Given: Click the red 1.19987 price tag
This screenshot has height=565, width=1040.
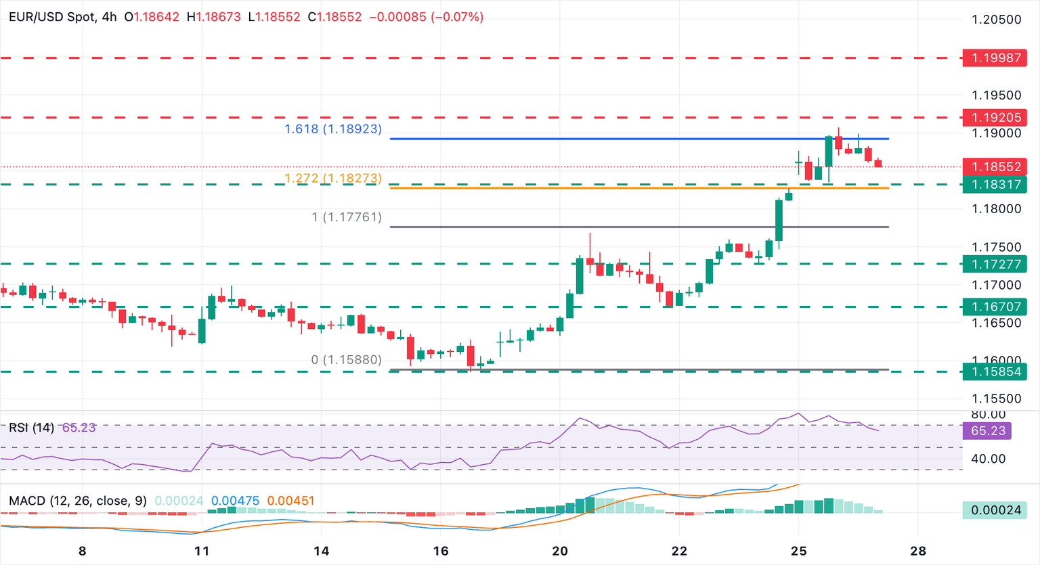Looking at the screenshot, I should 995,58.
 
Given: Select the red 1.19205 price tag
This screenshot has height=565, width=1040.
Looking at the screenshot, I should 995,118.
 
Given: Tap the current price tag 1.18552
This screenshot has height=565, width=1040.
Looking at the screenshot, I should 995,166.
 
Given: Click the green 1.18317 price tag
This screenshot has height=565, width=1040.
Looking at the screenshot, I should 995,184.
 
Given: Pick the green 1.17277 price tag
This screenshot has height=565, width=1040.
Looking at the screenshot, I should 995,264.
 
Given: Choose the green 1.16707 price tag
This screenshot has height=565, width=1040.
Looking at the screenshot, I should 995,307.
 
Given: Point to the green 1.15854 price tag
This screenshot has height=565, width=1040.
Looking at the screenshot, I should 995,371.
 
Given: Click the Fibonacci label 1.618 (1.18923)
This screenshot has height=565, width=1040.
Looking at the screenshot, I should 333,129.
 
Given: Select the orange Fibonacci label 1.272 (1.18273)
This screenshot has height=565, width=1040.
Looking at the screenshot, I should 333,178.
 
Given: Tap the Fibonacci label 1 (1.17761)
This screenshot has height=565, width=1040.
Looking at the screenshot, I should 347,217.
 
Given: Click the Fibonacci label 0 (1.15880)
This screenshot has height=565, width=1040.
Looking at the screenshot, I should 347,360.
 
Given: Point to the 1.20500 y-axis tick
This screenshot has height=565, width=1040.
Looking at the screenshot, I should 996,20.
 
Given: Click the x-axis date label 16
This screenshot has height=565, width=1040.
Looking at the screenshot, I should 441,551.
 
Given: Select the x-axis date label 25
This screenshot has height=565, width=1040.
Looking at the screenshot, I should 798,551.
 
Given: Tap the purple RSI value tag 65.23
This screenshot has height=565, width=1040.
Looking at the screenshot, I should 987,431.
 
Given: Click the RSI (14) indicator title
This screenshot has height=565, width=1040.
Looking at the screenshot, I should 31,428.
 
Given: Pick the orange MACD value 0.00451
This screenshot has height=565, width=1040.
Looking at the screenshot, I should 290,501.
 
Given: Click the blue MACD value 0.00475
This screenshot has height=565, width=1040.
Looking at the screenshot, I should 235,501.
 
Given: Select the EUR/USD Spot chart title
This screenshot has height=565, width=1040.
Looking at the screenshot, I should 53,17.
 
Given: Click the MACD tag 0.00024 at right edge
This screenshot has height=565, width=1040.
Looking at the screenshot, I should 995,510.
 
